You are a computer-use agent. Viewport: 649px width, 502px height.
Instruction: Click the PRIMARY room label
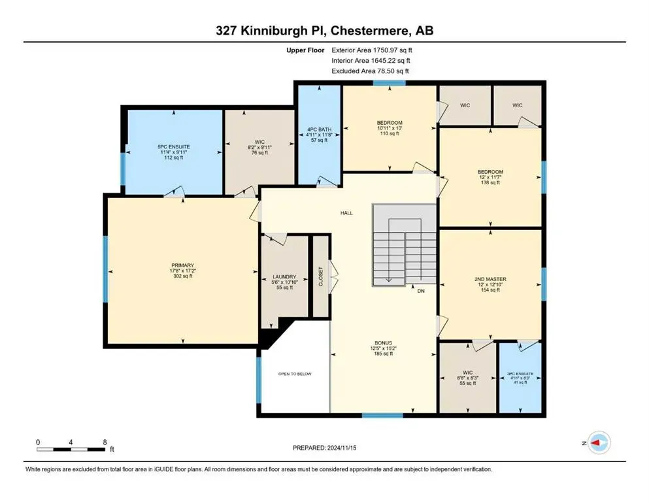click(182, 265)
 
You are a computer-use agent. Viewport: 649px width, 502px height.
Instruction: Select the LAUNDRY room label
click(284, 277)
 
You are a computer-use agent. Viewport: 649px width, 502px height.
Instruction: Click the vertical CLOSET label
click(320, 276)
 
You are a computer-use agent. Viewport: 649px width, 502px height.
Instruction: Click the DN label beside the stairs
click(421, 291)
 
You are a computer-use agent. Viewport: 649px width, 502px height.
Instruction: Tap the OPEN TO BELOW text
click(295, 374)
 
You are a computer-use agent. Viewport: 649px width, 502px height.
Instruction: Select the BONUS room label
click(383, 342)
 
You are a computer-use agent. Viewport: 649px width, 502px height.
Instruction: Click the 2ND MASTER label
click(490, 279)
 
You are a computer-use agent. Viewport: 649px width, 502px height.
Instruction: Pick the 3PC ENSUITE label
click(520, 375)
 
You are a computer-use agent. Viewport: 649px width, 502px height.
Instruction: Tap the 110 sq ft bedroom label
click(389, 123)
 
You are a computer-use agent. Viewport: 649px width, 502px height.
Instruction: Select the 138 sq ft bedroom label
click(490, 173)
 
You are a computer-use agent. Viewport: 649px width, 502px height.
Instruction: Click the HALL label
click(346, 213)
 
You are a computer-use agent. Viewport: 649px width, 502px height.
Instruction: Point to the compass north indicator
click(598, 443)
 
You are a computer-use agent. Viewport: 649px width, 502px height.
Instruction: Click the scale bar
click(72, 448)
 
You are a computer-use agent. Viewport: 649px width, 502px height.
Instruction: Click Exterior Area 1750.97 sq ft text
click(372, 49)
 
